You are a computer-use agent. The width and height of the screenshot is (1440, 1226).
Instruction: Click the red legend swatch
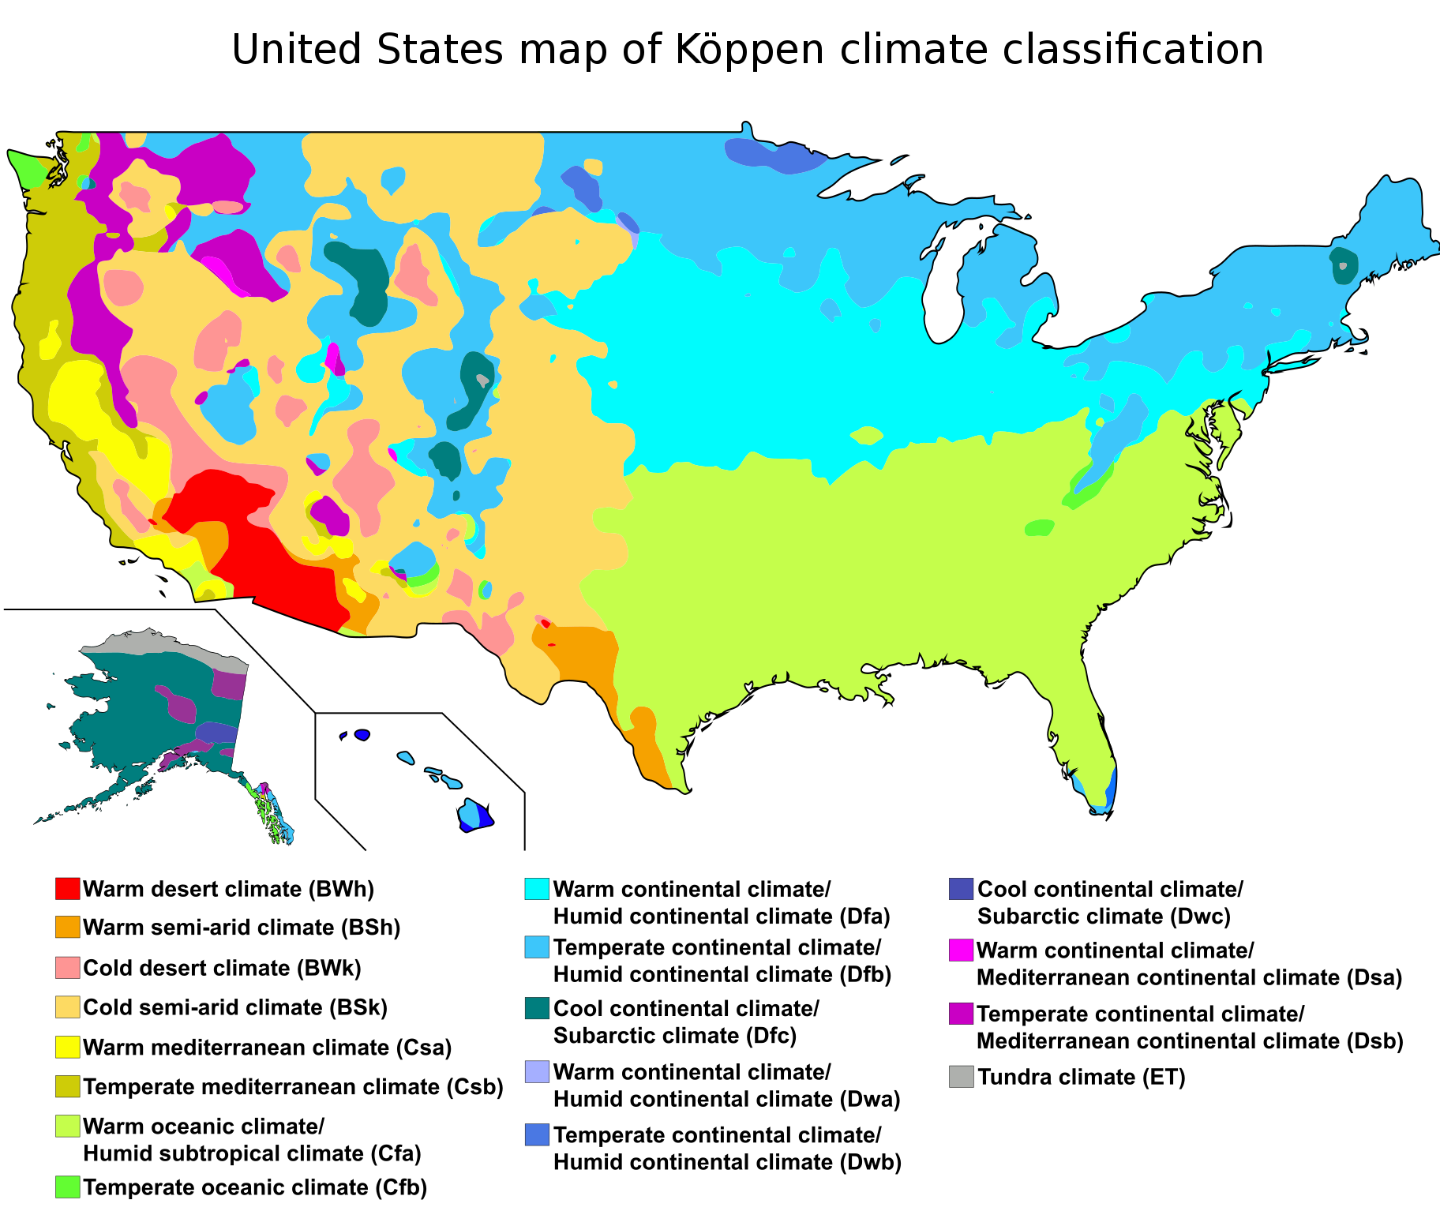(x=67, y=888)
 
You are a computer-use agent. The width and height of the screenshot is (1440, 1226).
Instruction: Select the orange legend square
(x=67, y=927)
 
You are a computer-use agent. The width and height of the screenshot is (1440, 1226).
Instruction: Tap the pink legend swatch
(x=67, y=967)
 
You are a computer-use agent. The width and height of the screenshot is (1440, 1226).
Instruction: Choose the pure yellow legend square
(x=67, y=1047)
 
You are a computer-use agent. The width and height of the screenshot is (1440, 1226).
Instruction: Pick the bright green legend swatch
(x=67, y=1187)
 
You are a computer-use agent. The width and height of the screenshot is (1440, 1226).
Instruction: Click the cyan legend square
(x=537, y=889)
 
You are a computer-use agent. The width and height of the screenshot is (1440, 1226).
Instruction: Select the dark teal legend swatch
(x=537, y=1008)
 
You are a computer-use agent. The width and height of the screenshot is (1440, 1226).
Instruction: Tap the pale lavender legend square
(x=537, y=1071)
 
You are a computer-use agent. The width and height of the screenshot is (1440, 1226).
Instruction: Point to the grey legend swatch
(x=961, y=1076)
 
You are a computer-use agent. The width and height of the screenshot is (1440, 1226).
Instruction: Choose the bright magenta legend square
(x=961, y=950)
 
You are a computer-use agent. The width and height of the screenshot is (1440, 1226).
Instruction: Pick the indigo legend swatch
(x=961, y=889)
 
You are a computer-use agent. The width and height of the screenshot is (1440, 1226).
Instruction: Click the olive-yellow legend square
(x=67, y=1086)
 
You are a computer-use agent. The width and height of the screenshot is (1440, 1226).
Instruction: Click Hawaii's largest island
(x=474, y=815)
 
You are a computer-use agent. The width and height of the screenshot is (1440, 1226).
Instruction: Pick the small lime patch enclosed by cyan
(x=867, y=435)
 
